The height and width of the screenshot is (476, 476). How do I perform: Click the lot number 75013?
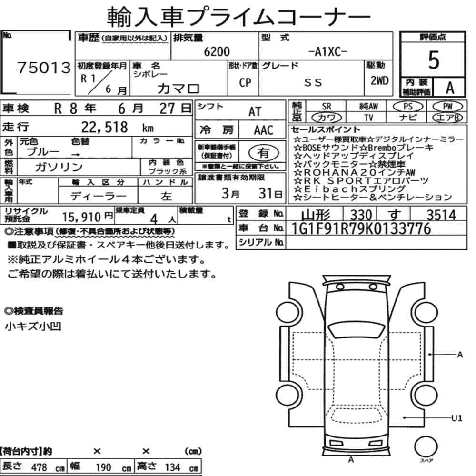click(x=44, y=68)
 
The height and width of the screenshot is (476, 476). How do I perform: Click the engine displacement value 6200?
click(x=217, y=51)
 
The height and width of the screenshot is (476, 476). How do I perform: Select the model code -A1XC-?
click(x=327, y=52)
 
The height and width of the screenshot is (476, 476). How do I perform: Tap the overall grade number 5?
click(x=434, y=60)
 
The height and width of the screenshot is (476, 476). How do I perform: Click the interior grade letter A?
click(x=450, y=88)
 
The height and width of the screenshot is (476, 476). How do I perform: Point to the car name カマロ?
click(x=178, y=89)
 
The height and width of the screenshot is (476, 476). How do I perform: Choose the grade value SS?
click(x=313, y=82)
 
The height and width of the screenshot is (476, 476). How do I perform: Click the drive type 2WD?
click(x=379, y=81)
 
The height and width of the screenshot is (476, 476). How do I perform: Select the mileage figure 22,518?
click(x=104, y=127)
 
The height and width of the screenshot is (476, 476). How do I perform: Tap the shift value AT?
click(x=255, y=112)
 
